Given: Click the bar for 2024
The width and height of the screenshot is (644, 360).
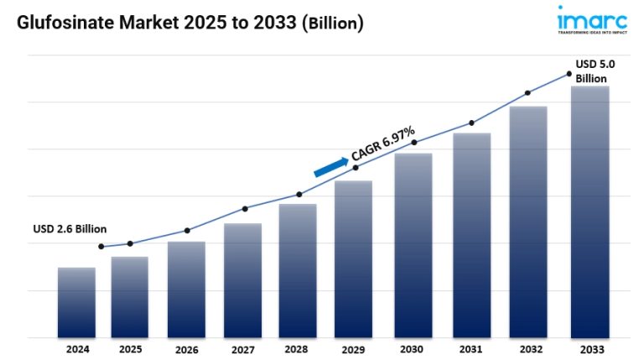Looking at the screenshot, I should [x=76, y=302].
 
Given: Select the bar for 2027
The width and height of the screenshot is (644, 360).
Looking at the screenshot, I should [x=242, y=280].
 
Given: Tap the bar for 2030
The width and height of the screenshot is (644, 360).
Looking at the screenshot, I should [x=413, y=245].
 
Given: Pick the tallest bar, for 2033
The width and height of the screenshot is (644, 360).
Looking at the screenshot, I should [x=589, y=211].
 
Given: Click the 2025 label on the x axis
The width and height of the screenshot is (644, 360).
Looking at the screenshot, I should [x=130, y=348].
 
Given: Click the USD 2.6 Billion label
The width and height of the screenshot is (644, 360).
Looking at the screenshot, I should [x=70, y=229].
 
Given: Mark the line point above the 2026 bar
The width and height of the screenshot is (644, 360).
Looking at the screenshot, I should [x=187, y=230].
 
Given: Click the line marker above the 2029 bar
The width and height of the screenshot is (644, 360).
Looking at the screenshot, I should [x=355, y=168].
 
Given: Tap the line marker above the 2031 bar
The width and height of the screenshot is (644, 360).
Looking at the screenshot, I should [x=471, y=123].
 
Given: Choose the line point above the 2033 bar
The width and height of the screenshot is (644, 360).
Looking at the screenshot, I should [x=569, y=75].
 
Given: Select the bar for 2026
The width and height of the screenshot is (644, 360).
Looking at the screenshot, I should [x=186, y=290].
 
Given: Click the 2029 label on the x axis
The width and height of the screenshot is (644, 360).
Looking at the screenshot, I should [x=353, y=349].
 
